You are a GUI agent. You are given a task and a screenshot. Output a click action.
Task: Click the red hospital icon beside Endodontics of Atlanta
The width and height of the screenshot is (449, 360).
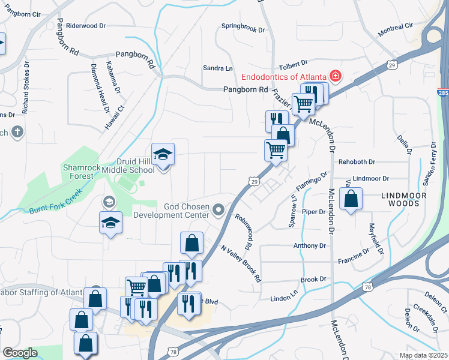point(335,76)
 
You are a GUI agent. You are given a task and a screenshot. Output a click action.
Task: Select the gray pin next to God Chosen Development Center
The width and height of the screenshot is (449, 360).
point(218,210)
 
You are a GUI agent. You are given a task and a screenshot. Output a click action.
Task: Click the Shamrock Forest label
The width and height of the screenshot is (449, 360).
point(79,172)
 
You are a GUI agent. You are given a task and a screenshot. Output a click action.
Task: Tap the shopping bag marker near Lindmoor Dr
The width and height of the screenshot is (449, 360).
point(351,199)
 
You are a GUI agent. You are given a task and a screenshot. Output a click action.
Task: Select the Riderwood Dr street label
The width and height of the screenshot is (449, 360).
point(86,26)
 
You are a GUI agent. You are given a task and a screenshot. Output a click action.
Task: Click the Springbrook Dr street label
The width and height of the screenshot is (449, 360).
point(243,26)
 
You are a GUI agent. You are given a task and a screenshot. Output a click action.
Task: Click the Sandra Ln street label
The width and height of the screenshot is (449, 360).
point(217,68)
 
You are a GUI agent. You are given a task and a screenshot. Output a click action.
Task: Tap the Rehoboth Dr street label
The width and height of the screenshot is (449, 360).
point(357,162)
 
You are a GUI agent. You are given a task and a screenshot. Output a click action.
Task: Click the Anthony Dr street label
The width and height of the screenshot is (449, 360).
point(310,245)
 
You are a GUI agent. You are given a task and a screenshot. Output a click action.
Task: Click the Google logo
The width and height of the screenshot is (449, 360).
point(20,353)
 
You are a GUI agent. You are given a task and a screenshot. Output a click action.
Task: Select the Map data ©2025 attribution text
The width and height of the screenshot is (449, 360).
point(423,355)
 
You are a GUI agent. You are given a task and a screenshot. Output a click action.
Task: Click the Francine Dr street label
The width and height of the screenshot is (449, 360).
point(355,256)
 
